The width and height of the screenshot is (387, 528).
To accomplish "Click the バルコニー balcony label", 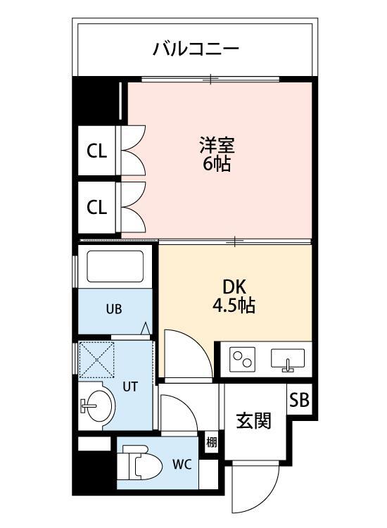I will pyautogui.click(x=196, y=49).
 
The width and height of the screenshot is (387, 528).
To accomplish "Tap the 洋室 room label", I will pyautogui.click(x=216, y=146).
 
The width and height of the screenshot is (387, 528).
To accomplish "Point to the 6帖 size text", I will pyautogui.click(x=216, y=165).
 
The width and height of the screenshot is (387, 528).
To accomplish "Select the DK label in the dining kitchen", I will pyautogui.click(x=234, y=288).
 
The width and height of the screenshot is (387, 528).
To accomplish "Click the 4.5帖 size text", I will pyautogui.click(x=234, y=306).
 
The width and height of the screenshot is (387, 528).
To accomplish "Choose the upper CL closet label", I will pyautogui.click(x=96, y=151).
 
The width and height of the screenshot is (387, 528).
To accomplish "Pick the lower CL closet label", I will pyautogui.click(x=96, y=207).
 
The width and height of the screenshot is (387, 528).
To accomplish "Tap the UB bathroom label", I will pyautogui.click(x=115, y=308).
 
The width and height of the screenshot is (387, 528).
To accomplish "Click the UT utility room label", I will pyautogui.click(x=131, y=386).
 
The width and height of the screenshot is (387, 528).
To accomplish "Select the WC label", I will pyautogui.click(x=182, y=465).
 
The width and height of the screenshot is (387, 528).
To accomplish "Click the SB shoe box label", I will pyautogui.click(x=299, y=400).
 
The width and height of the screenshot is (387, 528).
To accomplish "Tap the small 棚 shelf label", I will pyautogui.click(x=211, y=443).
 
